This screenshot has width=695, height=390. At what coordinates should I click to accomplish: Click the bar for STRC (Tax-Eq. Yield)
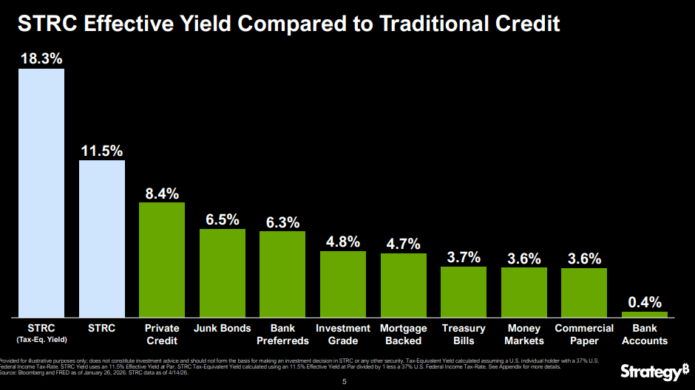[x=41, y=193]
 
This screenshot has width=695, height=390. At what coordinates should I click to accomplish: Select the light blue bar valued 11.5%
[x=102, y=239]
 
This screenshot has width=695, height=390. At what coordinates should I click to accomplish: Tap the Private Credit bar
[x=162, y=259]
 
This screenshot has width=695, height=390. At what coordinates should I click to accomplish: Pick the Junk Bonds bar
[x=223, y=273]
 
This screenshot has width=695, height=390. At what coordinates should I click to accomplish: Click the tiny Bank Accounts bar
[x=645, y=315]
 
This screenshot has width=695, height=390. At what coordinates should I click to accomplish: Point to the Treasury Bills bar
[x=464, y=292]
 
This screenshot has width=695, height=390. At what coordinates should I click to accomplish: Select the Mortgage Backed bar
[x=404, y=285]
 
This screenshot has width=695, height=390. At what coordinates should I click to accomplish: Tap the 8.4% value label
[x=162, y=194]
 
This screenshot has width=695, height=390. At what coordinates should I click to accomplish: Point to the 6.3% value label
[x=282, y=222]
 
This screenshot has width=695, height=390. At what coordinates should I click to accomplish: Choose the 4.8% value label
[x=343, y=242]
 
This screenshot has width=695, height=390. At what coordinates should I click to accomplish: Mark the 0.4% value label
[x=645, y=302]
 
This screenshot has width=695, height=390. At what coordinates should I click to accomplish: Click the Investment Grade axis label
[x=343, y=335]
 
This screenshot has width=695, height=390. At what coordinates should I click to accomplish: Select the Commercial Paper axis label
[x=584, y=335]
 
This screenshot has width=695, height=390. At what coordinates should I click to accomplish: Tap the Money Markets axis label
[x=524, y=335]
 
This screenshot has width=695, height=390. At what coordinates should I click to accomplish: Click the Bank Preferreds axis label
[x=282, y=335]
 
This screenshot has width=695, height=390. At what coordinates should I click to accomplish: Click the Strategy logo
[x=650, y=372]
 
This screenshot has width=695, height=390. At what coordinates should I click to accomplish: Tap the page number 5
[x=344, y=382]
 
